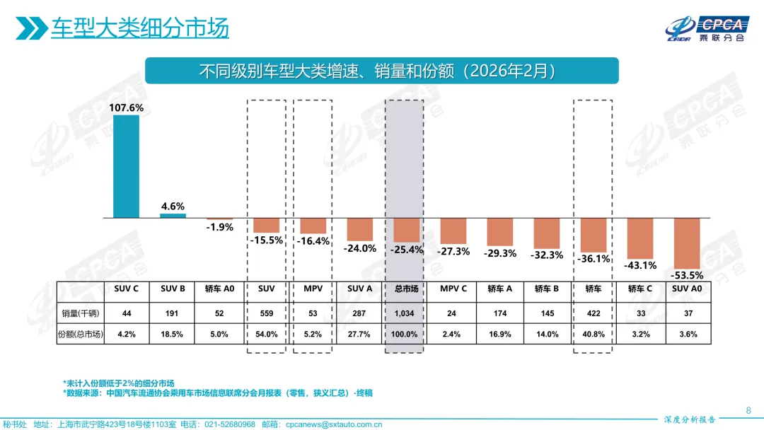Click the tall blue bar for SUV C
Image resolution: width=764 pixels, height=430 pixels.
126,166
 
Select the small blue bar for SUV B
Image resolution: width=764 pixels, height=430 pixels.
173,216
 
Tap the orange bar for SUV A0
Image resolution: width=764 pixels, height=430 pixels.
687,243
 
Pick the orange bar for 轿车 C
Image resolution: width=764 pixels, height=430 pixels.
640,238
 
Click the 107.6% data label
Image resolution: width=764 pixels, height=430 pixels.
126,108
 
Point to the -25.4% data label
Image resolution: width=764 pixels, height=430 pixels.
406,250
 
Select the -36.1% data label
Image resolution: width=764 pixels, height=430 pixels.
593,259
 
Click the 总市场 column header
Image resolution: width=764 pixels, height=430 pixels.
406,289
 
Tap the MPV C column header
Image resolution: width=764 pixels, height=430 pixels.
453,289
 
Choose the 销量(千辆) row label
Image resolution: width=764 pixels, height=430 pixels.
81,313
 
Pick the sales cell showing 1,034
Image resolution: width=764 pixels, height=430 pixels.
406,313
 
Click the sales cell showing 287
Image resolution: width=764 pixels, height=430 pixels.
359,313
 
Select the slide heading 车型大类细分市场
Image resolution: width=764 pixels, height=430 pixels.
139,29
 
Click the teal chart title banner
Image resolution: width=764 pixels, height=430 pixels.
381,71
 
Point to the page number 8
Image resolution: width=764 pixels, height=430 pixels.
748,409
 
